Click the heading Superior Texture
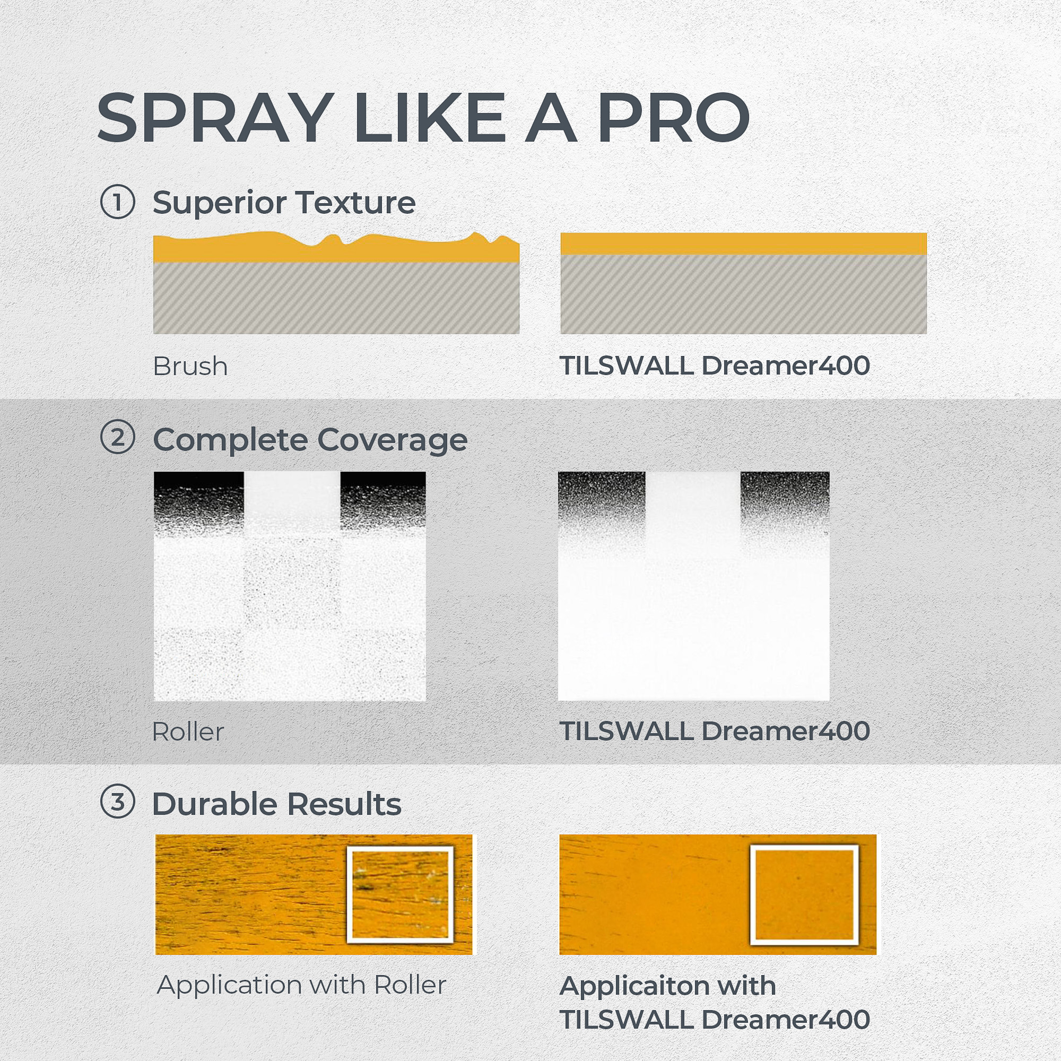click(284, 203)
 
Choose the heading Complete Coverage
click(310, 440)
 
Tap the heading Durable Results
click(277, 804)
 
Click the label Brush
click(190, 366)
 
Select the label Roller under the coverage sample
click(188, 732)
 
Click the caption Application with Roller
click(301, 985)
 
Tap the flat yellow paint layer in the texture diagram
click(744, 243)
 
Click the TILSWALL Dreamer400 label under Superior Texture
click(715, 366)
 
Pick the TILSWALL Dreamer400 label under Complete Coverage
click(715, 731)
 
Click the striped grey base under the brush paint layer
click(336, 298)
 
